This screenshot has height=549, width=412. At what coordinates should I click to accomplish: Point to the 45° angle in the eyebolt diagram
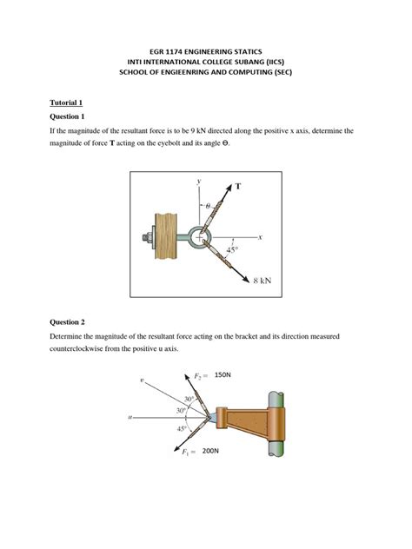pos(231,249)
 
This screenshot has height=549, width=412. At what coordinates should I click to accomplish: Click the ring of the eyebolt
pos(201,235)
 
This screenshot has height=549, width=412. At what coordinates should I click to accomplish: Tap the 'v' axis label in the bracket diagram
pos(142,380)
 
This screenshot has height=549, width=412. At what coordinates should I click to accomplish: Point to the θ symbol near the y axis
pos(209,206)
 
